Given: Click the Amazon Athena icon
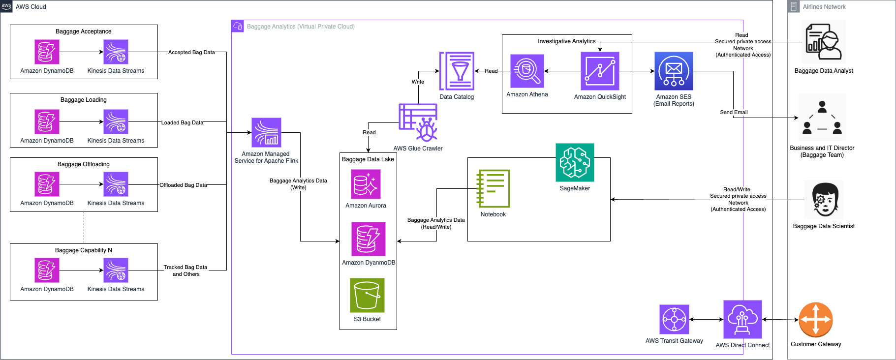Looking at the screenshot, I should (527, 71).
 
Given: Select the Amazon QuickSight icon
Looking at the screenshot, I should (600, 71).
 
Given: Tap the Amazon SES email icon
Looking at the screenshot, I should (674, 71).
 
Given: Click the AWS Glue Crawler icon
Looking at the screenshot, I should (418, 122).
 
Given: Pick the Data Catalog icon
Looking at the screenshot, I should (457, 71).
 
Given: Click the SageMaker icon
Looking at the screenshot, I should (575, 163).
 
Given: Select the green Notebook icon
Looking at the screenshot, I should (493, 188).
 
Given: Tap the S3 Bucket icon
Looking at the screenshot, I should (367, 295).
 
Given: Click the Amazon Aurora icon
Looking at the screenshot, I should (366, 184).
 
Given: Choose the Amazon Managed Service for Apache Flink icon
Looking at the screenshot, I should (266, 132).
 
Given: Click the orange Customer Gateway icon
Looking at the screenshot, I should (816, 320).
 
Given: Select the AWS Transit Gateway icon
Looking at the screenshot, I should (674, 319).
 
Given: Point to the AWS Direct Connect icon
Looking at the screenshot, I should (742, 319).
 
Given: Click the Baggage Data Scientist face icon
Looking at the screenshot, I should (825, 200).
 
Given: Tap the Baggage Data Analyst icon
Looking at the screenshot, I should (824, 42).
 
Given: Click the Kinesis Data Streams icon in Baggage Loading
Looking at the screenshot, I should (116, 122).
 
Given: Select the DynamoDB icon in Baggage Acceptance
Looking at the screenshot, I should (47, 52).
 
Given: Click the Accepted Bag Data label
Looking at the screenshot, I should (191, 52).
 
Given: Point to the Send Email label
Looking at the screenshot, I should (734, 112).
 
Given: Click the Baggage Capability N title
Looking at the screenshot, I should (84, 250).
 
